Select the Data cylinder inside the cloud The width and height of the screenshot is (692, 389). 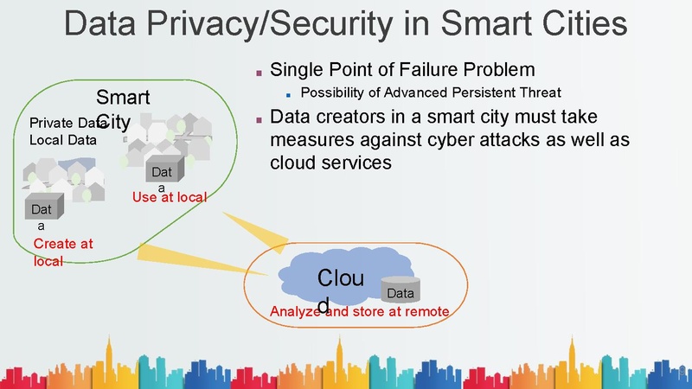[400, 291]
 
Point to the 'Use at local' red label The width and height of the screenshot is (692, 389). [169, 197]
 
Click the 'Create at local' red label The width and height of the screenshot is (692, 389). [63, 252]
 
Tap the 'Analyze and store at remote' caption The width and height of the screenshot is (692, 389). [359, 311]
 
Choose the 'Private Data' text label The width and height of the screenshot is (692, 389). [62, 123]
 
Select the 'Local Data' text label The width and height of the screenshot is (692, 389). [63, 138]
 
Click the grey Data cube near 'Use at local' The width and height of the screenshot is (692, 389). [162, 173]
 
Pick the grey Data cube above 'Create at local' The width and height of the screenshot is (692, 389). [41, 210]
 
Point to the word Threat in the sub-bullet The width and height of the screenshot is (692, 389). [538, 92]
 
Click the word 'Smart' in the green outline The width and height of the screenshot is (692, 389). [123, 97]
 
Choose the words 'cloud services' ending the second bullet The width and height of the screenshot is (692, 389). [331, 162]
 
